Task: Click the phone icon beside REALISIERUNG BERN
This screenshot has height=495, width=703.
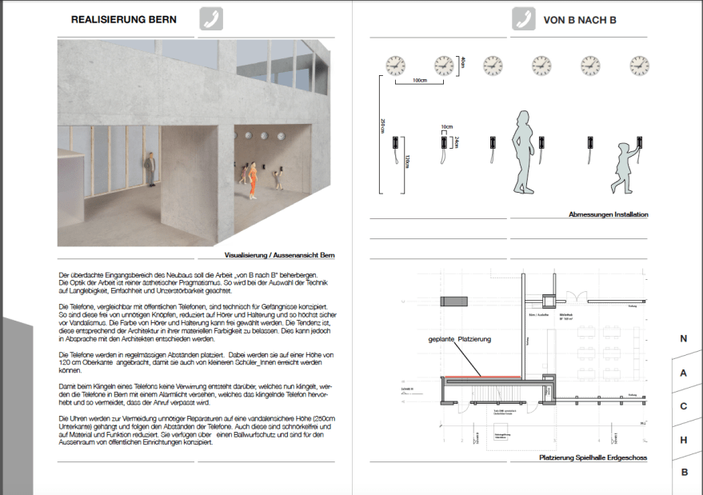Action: [210, 19]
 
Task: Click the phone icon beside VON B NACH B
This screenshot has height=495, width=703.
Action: [524, 19]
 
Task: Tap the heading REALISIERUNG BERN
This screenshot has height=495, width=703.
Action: [124, 19]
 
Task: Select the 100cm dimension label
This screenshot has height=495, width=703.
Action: [419, 81]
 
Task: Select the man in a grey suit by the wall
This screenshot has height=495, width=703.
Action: [149, 170]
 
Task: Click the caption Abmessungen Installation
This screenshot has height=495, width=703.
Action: [608, 214]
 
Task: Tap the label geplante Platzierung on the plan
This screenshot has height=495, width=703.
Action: [459, 340]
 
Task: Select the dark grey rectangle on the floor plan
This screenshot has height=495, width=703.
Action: [454, 301]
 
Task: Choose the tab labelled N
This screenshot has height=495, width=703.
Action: [684, 339]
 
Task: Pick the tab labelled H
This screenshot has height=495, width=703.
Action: [684, 440]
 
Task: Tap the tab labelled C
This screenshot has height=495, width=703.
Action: [684, 406]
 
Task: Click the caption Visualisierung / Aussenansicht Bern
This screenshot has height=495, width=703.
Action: [278, 255]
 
